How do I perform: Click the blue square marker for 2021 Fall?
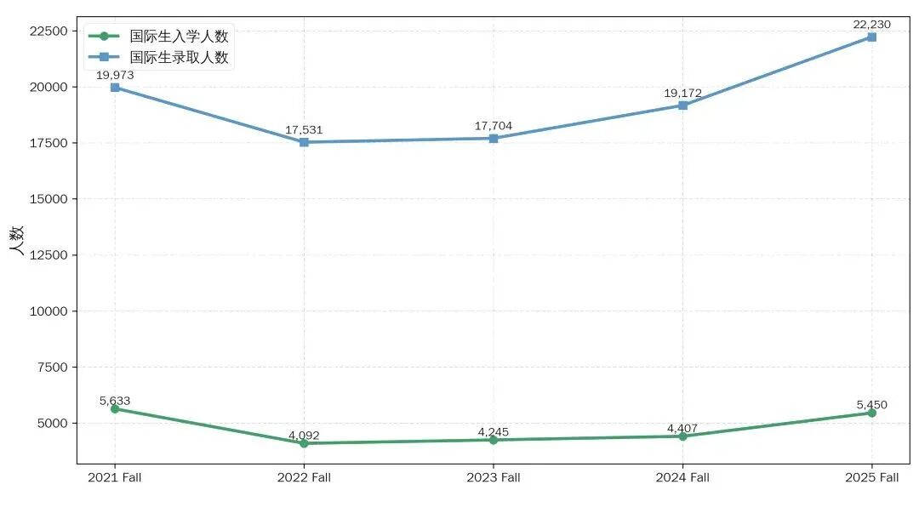(x=115, y=88)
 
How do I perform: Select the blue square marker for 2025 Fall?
(x=871, y=37)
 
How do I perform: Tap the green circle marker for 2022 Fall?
(x=304, y=443)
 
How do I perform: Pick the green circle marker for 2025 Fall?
(x=871, y=413)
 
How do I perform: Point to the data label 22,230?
(x=871, y=25)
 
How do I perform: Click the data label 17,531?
(x=304, y=130)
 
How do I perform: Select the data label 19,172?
(x=682, y=94)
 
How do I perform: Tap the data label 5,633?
(x=115, y=401)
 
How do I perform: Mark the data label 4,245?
(x=493, y=432)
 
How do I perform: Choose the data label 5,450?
(x=871, y=405)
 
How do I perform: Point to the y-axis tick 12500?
(x=49, y=255)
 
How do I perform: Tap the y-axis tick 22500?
(x=49, y=31)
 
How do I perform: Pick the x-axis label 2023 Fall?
(x=493, y=478)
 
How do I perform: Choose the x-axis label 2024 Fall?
(x=682, y=478)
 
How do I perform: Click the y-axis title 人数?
(x=17, y=241)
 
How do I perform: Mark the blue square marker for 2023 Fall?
(x=493, y=138)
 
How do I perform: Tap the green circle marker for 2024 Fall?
(x=682, y=436)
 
